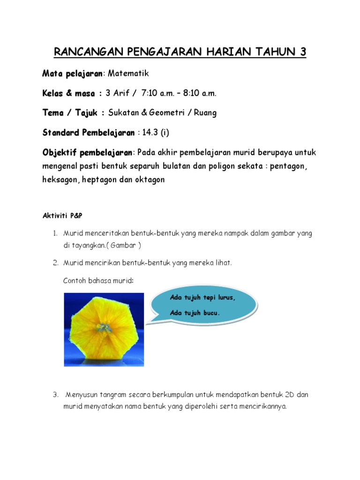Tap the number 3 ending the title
tap(302, 52)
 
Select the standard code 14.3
tap(150, 133)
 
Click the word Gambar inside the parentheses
tap(123, 245)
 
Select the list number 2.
tap(54, 263)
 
